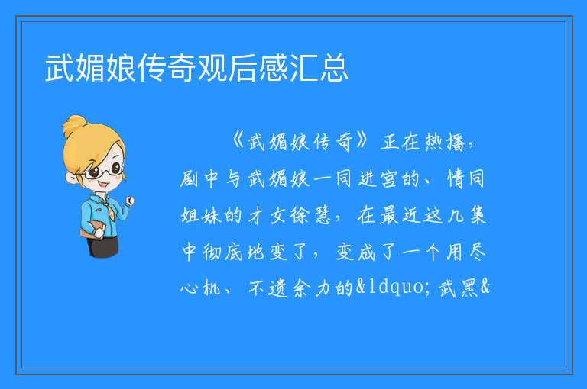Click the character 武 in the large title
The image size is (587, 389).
point(60,67)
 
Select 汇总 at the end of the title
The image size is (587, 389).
point(319,67)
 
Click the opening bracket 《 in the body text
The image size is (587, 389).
point(238,141)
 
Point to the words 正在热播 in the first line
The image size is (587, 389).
point(422,142)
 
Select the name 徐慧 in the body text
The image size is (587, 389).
point(311,215)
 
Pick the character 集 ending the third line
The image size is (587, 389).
point(478,215)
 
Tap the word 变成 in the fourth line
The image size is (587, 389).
point(355,252)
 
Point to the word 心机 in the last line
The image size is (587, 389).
point(200,288)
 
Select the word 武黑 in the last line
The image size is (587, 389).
point(459,288)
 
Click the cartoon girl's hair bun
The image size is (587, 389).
point(76,126)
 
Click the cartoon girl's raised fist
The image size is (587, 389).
point(130,201)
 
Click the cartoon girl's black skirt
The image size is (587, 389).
point(103,246)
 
